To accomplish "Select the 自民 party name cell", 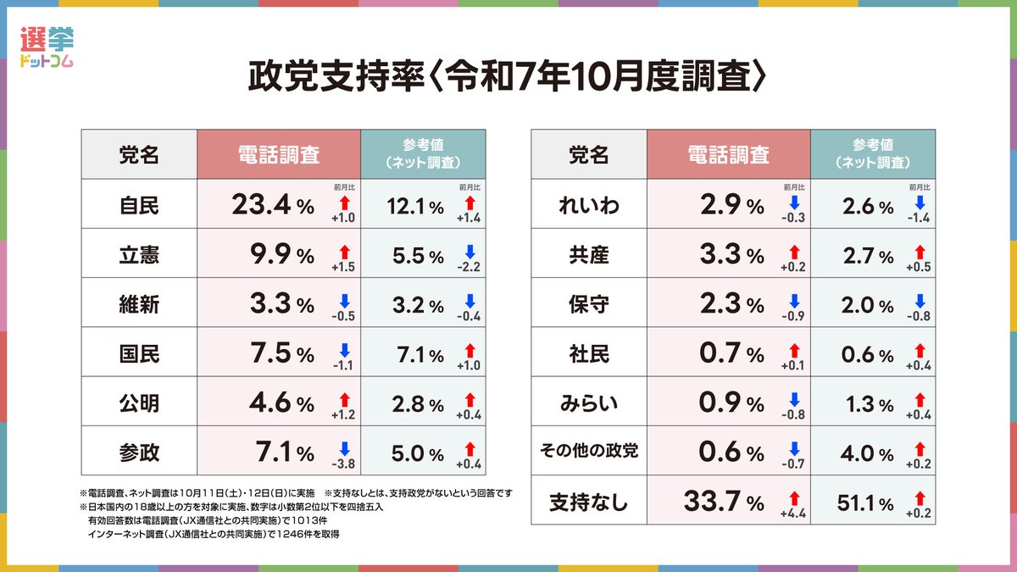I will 139,204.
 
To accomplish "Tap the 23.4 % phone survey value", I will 272,205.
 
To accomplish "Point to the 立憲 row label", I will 139,254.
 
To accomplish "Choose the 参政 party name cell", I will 139,453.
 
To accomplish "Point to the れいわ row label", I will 589,204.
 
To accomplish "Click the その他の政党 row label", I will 589,453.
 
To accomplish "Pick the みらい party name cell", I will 589,403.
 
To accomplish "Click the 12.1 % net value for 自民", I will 414,205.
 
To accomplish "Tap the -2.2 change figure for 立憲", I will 470,269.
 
